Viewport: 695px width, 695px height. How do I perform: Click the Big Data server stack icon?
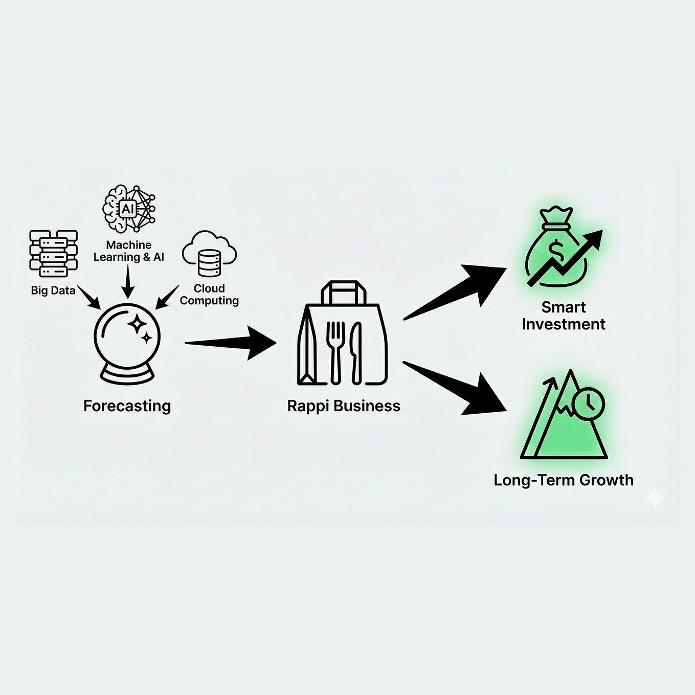coord(54,254)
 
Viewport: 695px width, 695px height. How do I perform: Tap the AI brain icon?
coord(128,209)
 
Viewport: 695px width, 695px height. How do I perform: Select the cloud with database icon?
coord(209,255)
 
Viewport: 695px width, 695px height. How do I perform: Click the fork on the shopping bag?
coord(335,350)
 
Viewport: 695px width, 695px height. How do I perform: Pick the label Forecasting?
coord(127,406)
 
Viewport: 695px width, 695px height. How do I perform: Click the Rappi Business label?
coord(344,406)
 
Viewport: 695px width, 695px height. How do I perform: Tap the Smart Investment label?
coord(564,316)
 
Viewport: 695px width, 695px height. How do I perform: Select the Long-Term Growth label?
coord(564,480)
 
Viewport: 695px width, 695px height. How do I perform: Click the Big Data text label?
coord(53,290)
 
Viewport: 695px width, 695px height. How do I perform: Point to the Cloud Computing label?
coord(209,295)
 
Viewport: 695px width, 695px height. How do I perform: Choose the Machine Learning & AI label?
coord(129,251)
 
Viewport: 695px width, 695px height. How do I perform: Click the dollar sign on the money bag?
coord(556,250)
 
